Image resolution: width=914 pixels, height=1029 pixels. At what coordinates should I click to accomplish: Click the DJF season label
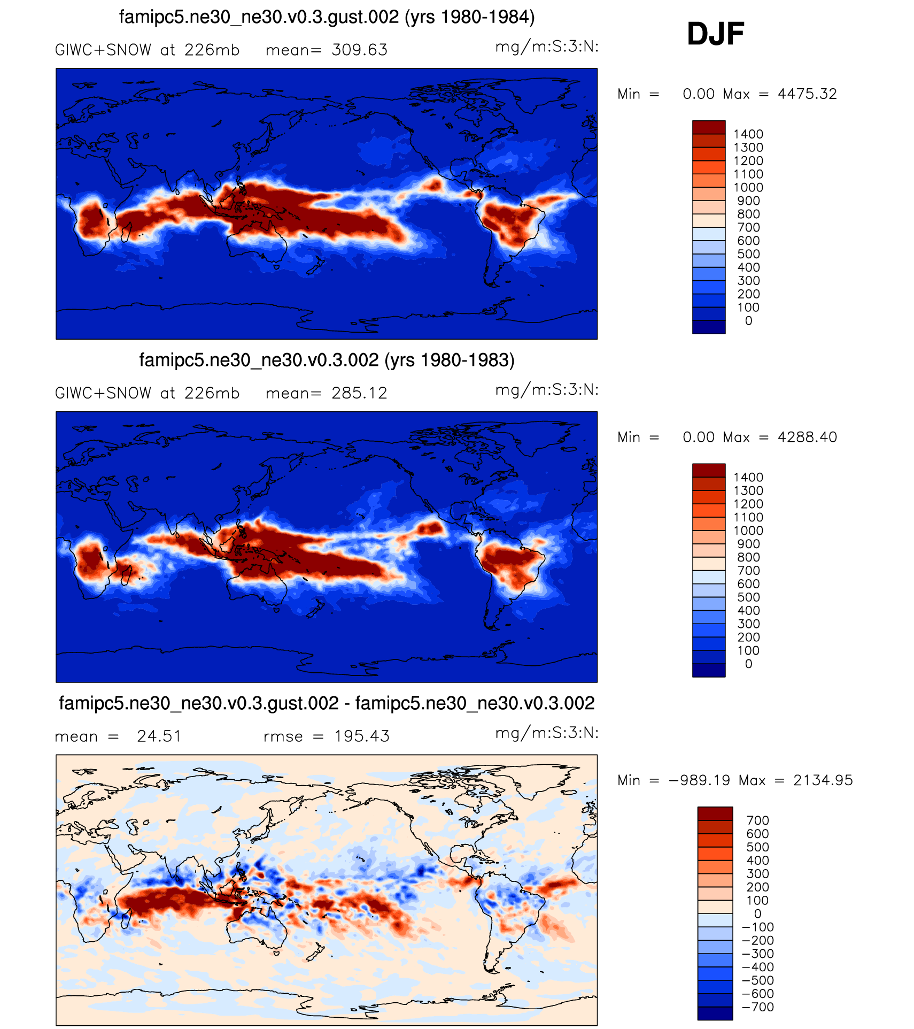point(715,34)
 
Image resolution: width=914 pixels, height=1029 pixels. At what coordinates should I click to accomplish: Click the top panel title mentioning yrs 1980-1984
point(327,17)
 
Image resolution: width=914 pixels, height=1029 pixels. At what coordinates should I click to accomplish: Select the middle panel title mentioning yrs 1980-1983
point(327,360)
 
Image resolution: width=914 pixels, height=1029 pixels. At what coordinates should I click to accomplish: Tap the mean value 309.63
point(359,50)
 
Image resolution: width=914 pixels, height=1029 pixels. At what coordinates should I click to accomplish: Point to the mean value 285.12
point(359,394)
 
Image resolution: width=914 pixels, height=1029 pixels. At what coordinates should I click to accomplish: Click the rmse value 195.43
point(362,736)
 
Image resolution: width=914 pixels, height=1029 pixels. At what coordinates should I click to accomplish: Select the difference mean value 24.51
point(159,736)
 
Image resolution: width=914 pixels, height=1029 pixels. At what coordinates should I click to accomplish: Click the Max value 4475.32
point(807,94)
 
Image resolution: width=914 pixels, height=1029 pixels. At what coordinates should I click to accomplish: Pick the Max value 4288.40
point(807,437)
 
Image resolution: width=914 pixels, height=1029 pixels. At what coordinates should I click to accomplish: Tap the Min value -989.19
point(699,780)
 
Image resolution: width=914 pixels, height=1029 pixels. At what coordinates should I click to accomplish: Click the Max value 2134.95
point(823,780)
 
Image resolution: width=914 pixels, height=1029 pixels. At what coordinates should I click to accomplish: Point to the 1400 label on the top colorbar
point(748,134)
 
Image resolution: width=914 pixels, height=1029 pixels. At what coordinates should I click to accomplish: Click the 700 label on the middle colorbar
point(748,571)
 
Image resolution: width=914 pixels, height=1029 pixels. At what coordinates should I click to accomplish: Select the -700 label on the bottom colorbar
point(758,1007)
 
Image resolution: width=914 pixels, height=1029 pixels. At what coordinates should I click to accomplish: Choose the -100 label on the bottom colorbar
point(758,927)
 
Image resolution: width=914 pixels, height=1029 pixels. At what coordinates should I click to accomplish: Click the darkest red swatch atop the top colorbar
point(709,127)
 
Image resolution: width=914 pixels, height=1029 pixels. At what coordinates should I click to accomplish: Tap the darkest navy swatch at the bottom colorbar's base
point(715,1013)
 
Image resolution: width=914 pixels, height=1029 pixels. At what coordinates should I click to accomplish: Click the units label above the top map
point(547,47)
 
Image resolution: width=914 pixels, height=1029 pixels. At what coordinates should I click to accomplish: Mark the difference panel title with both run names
point(327,703)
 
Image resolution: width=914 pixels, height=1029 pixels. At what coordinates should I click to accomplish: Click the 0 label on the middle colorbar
point(748,664)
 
